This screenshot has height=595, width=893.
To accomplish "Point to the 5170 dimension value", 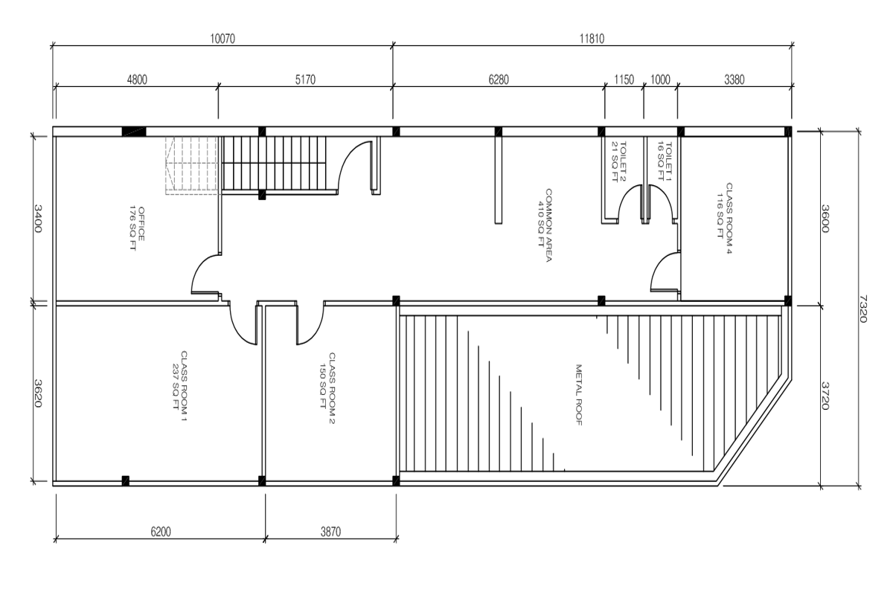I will (305, 80).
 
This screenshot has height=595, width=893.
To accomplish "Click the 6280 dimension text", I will (499, 80).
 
